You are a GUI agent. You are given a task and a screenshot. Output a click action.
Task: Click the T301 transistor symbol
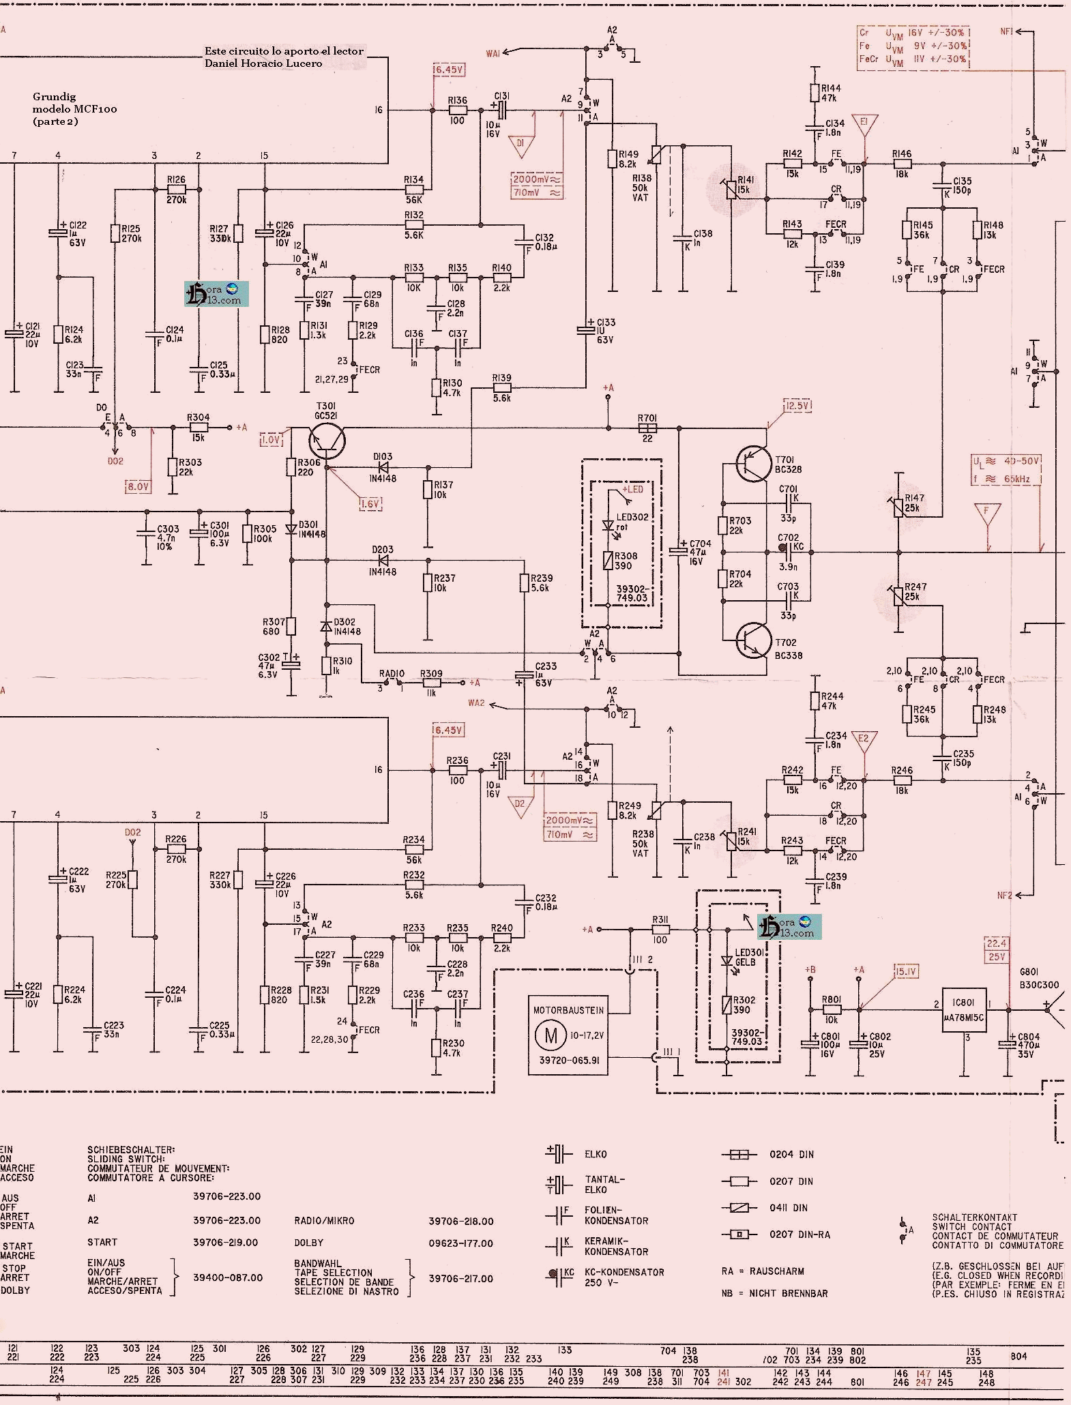coord(326,442)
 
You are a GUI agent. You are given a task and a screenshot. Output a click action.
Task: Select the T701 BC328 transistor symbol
coord(753,464)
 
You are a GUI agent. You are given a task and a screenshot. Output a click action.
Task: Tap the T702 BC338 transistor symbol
coord(753,640)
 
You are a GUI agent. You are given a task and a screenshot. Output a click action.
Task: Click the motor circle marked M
coord(551,1036)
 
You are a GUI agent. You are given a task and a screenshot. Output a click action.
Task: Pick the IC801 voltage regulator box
coord(964,1009)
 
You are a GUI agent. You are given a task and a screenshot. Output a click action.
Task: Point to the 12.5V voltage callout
coord(797,406)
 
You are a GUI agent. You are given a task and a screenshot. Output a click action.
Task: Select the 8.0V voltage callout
coord(138,486)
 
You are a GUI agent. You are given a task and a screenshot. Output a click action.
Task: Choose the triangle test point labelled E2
coord(864,741)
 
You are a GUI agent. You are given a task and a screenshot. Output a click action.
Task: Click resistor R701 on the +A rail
coord(647,428)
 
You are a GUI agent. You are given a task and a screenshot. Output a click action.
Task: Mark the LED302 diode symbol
coord(607,526)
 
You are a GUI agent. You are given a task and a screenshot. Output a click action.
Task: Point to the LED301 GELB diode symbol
coord(727,961)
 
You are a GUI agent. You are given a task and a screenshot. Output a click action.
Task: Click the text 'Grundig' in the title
coord(54,97)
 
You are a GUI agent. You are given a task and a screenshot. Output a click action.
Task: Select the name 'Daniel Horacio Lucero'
coord(263,63)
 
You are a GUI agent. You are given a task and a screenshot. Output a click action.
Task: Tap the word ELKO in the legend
coord(596,1154)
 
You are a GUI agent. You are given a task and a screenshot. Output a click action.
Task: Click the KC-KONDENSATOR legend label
coord(624,1272)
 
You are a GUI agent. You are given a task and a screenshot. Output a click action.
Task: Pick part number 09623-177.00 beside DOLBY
coord(460,1243)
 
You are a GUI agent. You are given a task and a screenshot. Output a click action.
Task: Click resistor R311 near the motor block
coord(660,930)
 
